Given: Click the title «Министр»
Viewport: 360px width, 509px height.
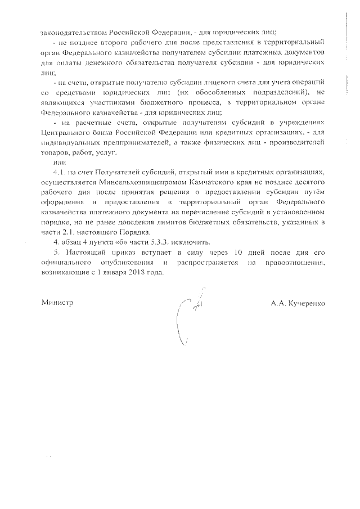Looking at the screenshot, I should coord(58,303).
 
